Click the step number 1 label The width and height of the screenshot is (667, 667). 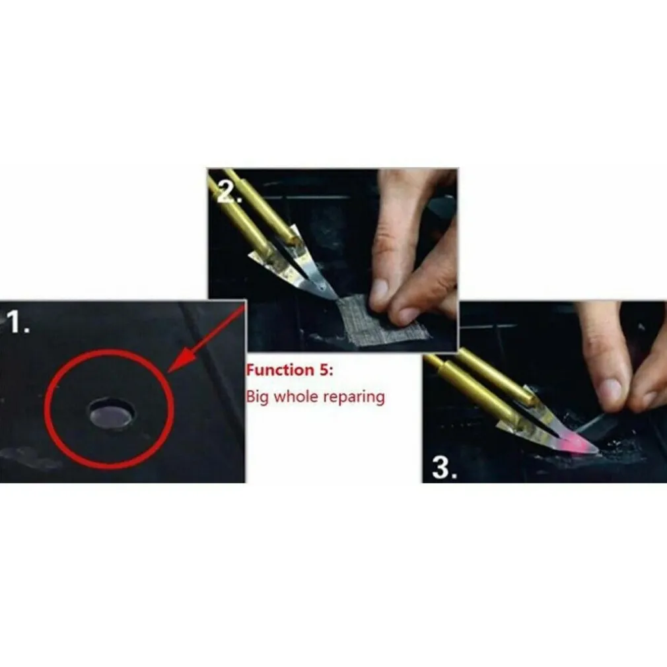(x=18, y=322)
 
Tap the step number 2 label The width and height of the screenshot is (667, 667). (x=229, y=192)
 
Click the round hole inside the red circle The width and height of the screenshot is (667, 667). (x=112, y=413)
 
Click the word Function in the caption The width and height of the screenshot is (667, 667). (x=279, y=370)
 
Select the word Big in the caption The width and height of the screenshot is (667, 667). (x=258, y=398)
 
